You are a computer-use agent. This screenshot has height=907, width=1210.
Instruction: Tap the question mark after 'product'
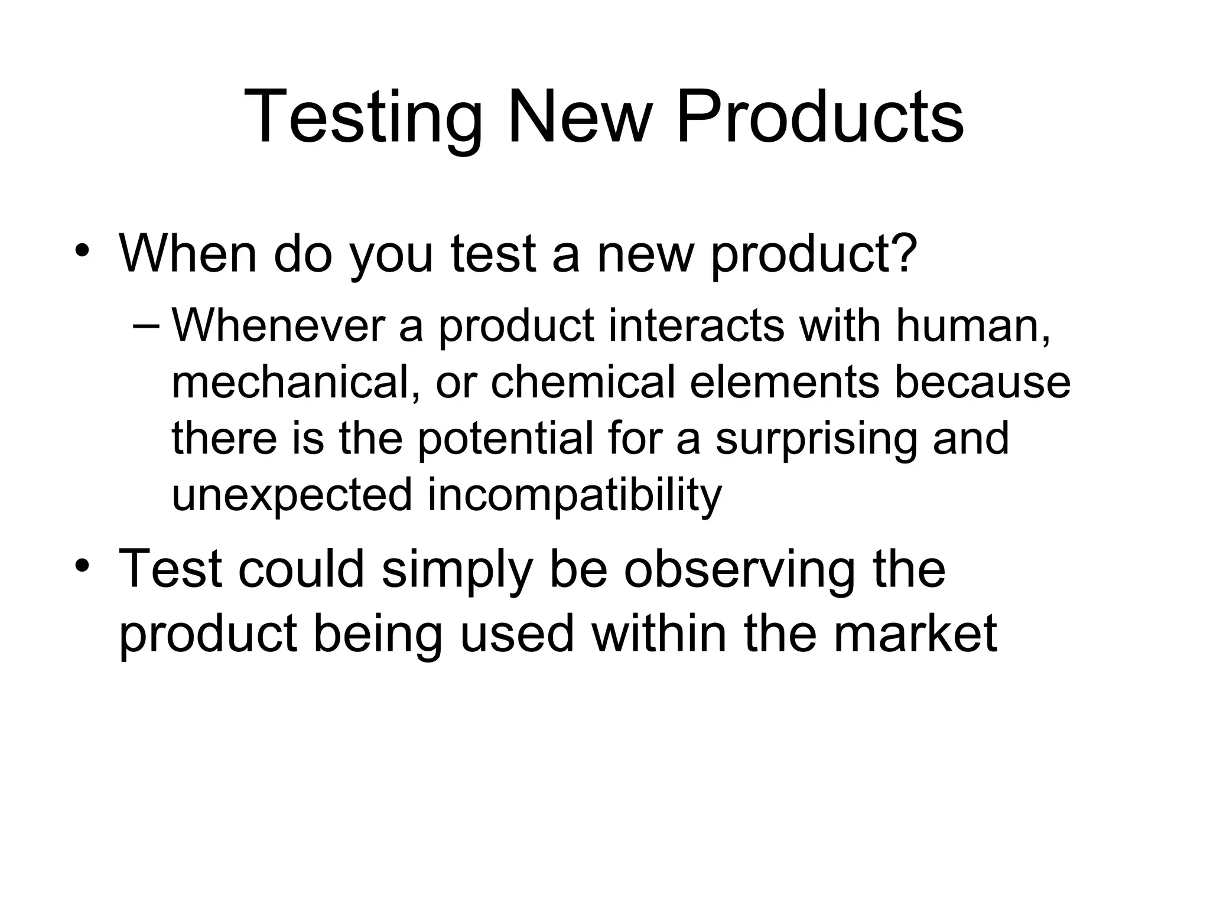pyautogui.click(x=903, y=253)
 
